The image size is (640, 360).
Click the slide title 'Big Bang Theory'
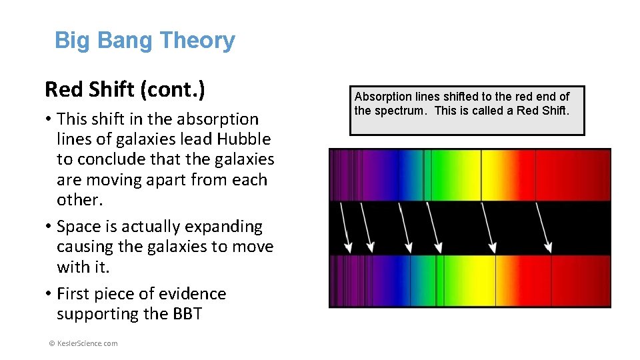[144, 41]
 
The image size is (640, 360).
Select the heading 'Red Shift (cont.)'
[124, 89]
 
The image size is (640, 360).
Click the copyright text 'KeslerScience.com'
[84, 343]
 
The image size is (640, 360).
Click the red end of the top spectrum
[593, 175]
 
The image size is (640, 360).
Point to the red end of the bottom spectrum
[593, 281]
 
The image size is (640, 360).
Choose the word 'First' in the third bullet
[73, 294]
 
